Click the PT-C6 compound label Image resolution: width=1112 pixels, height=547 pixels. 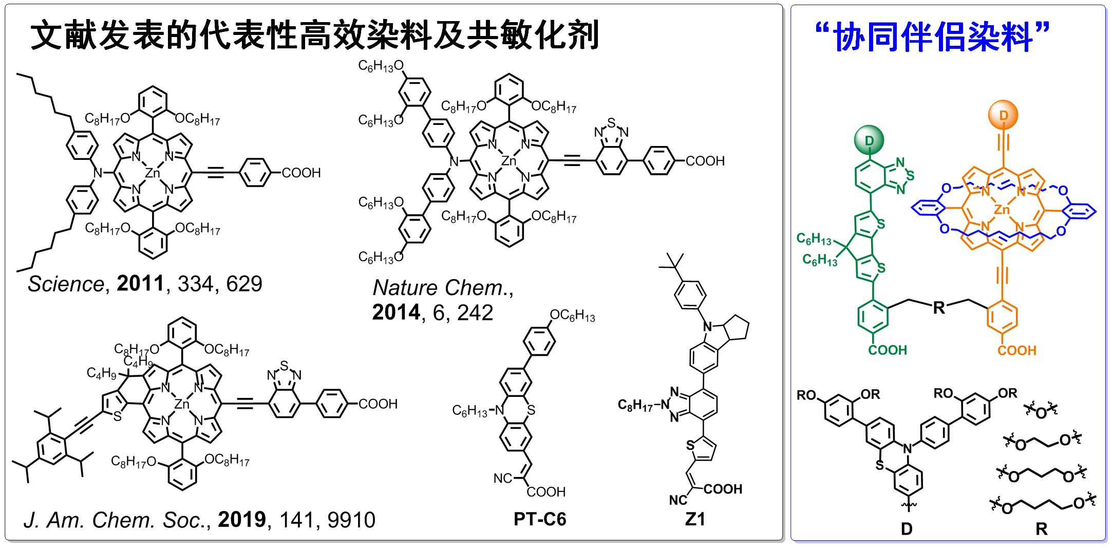point(540,519)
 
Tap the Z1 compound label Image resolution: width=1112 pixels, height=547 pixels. point(695,519)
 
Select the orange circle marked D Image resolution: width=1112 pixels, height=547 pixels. point(1003,115)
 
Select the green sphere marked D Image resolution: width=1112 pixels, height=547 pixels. point(869,140)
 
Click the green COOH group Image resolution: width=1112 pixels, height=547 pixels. point(888,350)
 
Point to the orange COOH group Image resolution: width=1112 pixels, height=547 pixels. point(1017,351)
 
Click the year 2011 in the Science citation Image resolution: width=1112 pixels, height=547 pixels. point(140,283)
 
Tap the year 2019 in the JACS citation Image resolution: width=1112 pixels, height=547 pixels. point(242,520)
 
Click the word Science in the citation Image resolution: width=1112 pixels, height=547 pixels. point(66,284)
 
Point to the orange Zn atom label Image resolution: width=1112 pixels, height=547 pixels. point(1002,210)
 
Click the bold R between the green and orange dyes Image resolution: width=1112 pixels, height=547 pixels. point(939,308)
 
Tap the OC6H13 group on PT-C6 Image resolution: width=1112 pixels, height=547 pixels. point(572,315)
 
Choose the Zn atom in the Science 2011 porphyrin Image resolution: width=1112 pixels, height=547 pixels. point(153,173)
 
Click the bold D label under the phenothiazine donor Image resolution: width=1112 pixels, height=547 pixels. point(907,529)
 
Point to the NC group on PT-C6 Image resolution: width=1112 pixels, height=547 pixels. point(502,479)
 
